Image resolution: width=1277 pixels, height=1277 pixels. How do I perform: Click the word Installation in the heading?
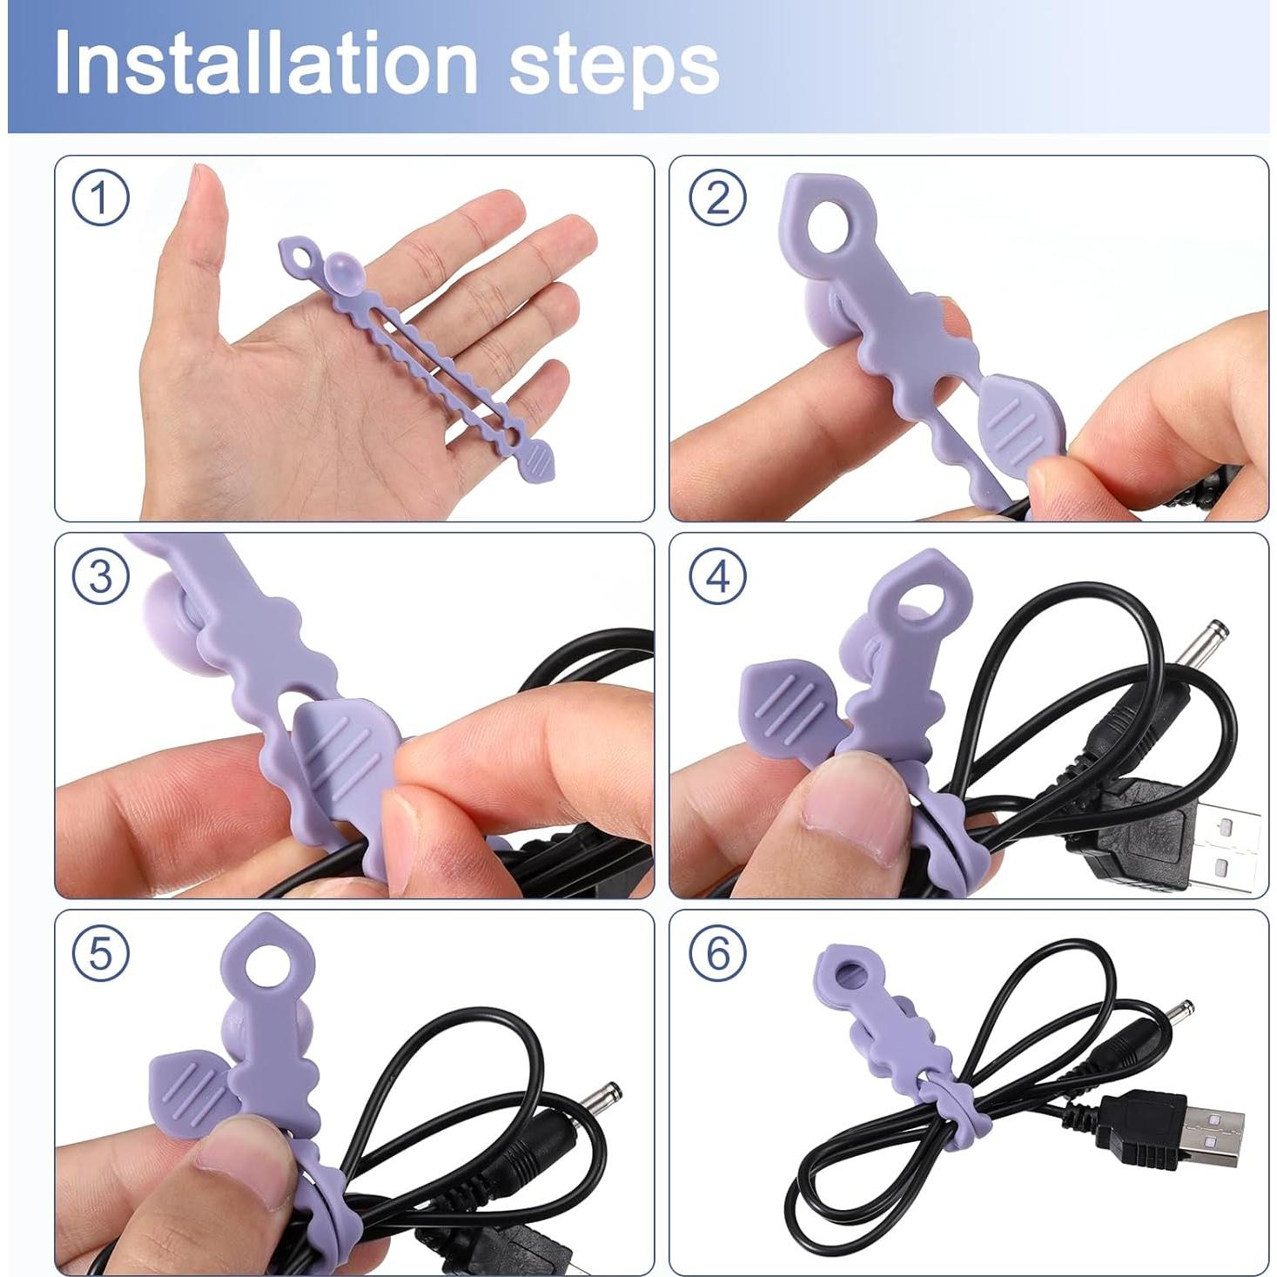[265, 63]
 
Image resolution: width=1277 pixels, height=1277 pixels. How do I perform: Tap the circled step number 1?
[100, 198]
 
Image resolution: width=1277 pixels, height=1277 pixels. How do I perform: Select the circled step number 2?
[716, 198]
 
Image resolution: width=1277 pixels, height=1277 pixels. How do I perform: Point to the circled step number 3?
[100, 577]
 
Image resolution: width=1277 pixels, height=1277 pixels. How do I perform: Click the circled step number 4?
[716, 577]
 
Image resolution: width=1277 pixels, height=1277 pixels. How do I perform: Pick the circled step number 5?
[100, 953]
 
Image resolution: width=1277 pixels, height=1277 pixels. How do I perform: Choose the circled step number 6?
[716, 953]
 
